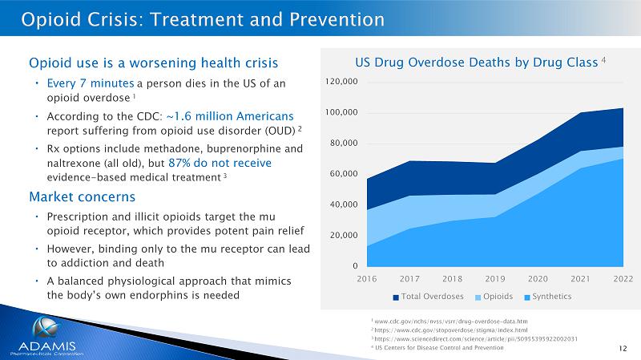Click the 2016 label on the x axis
point(367,278)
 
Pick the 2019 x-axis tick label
point(495,278)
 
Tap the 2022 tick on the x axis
point(623,278)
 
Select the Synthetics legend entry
point(547,297)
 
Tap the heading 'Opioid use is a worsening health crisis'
point(153,63)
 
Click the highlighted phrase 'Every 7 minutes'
point(90,83)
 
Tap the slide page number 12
point(623,347)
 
